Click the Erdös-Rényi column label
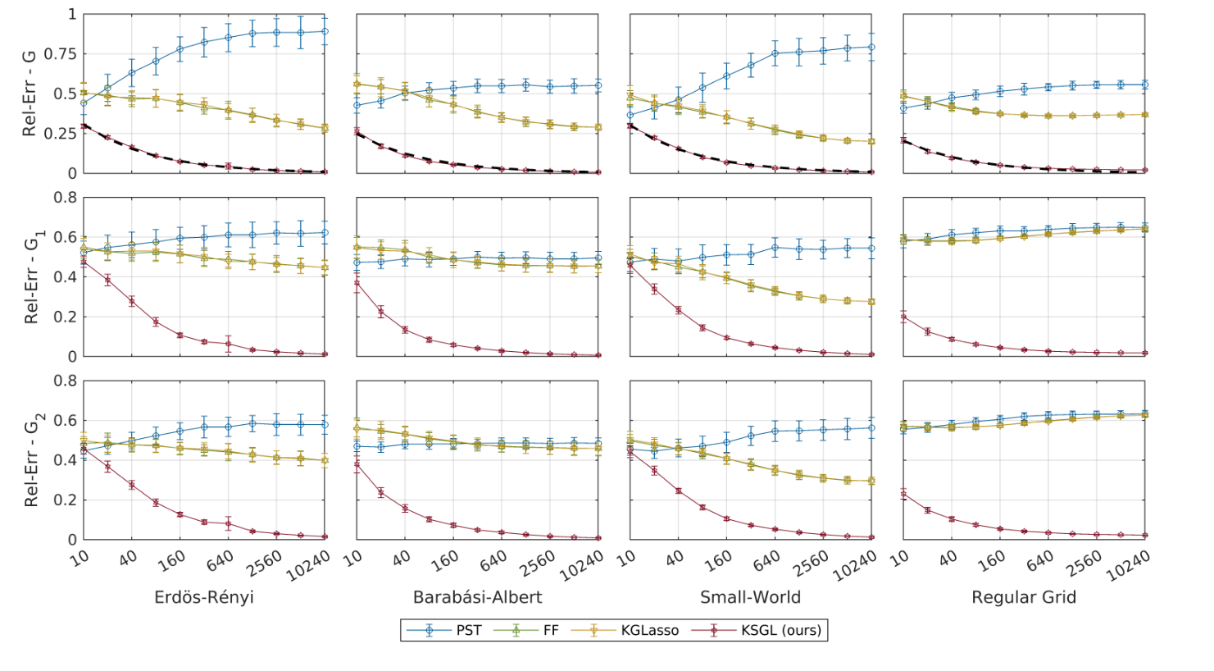click(204, 597)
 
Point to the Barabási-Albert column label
click(477, 597)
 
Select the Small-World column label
click(750, 597)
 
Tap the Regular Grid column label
click(1024, 597)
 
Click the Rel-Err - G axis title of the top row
click(30, 93)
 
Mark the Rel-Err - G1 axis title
click(30, 276)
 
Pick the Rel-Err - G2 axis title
click(30, 460)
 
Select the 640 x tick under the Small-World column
click(767, 562)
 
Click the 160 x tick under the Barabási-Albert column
click(445, 561)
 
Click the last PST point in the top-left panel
click(325, 31)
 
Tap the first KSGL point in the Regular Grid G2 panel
click(903, 495)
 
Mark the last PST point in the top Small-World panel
click(872, 48)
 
